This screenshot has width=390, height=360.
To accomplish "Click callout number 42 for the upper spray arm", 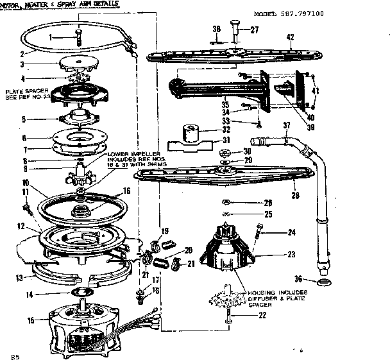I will (290, 38).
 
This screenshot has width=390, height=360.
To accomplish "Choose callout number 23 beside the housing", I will (291, 255).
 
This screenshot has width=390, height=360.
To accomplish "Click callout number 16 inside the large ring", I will (127, 191).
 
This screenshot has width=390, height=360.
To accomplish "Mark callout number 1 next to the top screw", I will (52, 38).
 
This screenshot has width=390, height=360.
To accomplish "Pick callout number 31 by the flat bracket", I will (225, 141).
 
